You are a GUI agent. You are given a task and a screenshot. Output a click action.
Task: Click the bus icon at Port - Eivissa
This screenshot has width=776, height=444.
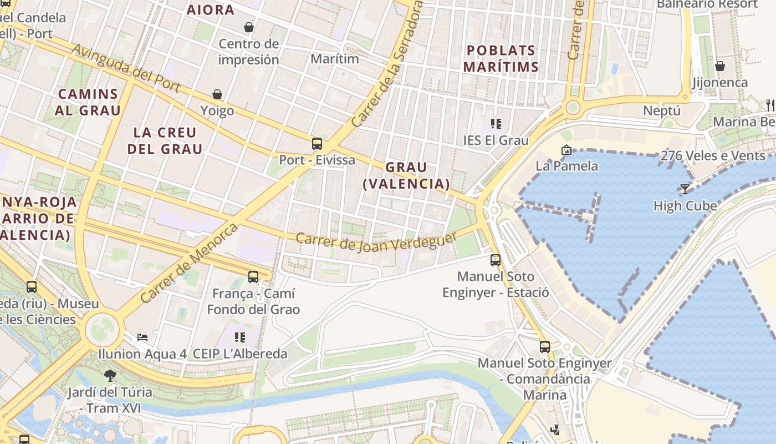click(317, 144)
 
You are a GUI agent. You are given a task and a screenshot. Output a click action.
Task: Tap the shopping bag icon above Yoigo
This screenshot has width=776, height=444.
click(217, 94)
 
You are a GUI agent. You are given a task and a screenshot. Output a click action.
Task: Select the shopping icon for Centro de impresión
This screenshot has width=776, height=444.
click(249, 27)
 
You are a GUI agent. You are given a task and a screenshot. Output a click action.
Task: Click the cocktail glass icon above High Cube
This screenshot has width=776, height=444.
click(685, 189)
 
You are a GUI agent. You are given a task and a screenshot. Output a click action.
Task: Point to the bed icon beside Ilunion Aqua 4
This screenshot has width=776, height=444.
click(142, 337)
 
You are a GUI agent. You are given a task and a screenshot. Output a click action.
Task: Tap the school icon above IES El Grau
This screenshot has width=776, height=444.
click(496, 123)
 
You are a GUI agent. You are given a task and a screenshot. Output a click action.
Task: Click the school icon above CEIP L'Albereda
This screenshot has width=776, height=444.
click(240, 337)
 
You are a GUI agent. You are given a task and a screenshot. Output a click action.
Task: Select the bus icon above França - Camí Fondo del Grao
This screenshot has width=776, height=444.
click(253, 276)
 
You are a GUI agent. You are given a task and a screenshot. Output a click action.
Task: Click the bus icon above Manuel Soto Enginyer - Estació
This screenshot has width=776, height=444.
click(496, 260)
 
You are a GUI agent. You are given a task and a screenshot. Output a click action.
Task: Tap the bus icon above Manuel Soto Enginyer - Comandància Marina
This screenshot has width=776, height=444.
click(545, 347)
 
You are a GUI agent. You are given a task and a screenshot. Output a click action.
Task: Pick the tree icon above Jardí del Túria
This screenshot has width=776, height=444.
click(110, 375)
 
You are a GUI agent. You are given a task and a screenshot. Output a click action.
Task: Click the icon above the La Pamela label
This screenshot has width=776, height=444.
click(566, 149)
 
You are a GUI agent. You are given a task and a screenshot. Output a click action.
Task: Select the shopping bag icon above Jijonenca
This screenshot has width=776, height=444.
click(720, 66)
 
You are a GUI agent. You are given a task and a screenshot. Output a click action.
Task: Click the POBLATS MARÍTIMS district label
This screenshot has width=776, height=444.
click(501, 58)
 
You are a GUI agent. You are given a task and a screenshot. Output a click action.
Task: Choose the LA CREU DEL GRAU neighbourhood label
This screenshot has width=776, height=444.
click(165, 140)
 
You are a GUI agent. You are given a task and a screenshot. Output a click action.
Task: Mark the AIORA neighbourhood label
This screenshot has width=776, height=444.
click(210, 9)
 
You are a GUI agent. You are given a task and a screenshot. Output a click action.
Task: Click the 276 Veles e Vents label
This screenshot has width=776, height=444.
click(713, 155)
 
